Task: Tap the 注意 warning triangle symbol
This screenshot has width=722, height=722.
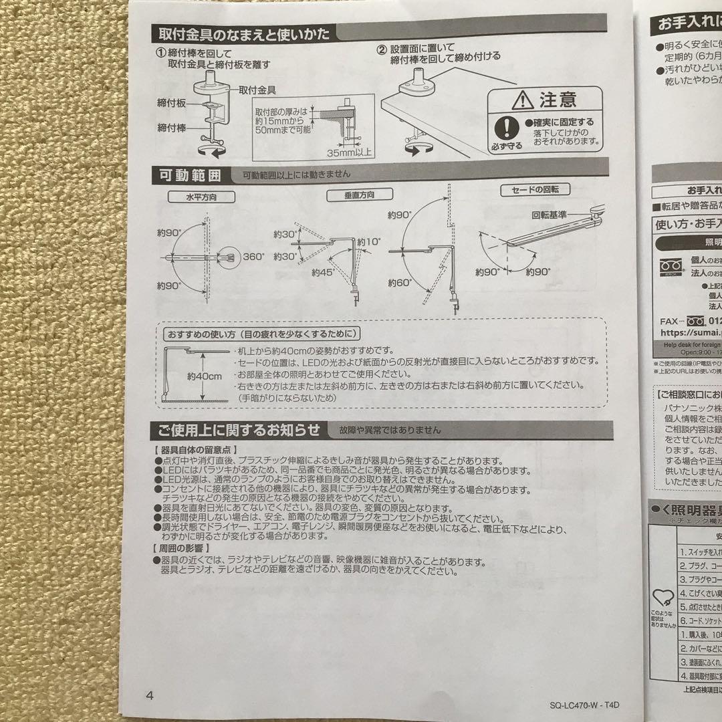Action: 521,101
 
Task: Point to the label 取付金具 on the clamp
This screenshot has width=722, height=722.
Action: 259,89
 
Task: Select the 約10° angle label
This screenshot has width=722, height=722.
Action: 368,243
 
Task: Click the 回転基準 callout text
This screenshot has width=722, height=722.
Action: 550,215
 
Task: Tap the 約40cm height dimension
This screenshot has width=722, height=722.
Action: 205,377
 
